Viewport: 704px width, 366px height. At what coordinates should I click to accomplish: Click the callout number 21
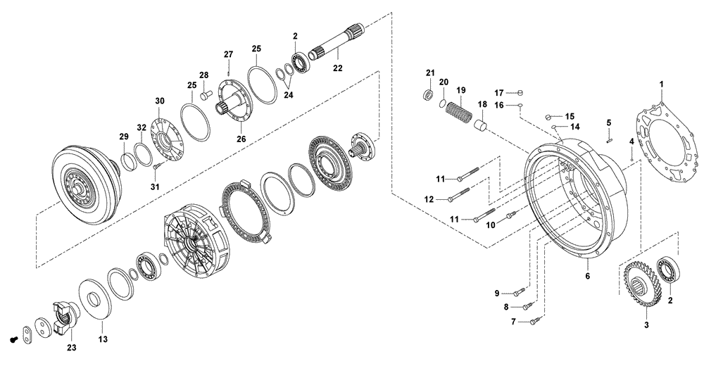[x=430, y=72]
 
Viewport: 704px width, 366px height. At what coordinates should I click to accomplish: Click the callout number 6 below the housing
[x=587, y=276]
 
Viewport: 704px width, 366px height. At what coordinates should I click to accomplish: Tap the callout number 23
[x=72, y=347]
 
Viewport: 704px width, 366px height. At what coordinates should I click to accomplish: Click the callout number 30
[x=160, y=101]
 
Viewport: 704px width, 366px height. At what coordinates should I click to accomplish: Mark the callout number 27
[x=228, y=54]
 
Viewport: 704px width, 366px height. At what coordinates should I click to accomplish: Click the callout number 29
[x=123, y=135]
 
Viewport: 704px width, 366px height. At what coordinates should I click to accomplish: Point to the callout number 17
[x=498, y=92]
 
